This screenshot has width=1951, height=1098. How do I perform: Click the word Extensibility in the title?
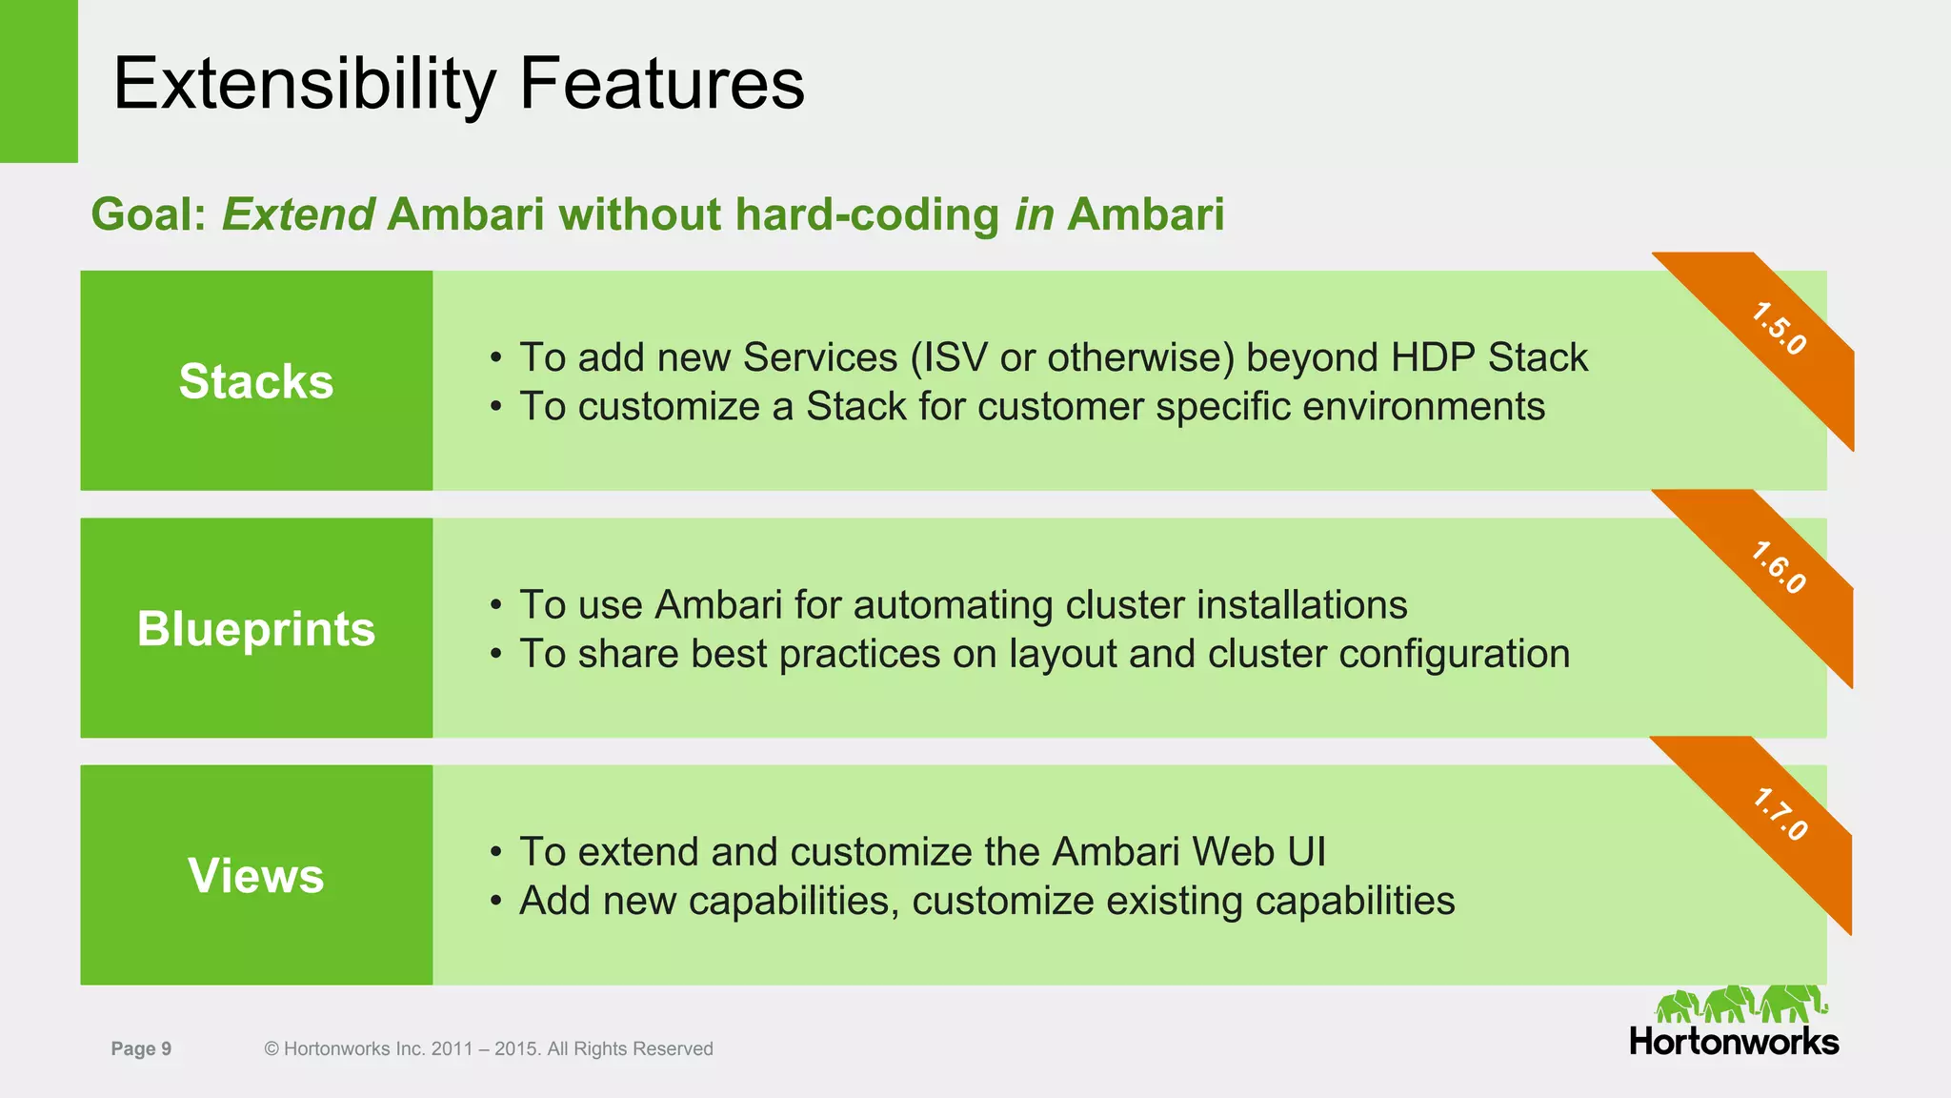pyautogui.click(x=304, y=84)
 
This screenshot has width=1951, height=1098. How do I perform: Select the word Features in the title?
pyautogui.click(x=661, y=84)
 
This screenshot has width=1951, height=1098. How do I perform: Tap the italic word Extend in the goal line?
pyautogui.click(x=298, y=214)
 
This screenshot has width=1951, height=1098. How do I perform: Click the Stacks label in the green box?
pyautogui.click(x=256, y=381)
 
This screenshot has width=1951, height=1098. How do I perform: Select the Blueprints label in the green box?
pyautogui.click(x=256, y=629)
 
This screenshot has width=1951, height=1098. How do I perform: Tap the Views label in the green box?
pyautogui.click(x=256, y=876)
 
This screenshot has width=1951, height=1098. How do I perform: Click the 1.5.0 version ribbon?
pyautogui.click(x=1779, y=329)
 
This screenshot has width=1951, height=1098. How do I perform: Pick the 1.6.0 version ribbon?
pyautogui.click(x=1779, y=567)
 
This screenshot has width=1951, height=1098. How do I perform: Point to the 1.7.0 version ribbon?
pyautogui.click(x=1780, y=814)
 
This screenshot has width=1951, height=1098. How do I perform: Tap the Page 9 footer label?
pyautogui.click(x=141, y=1049)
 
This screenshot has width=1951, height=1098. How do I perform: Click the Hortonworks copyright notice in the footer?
pyautogui.click(x=488, y=1049)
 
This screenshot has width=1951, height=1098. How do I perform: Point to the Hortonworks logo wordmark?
pyautogui.click(x=1734, y=1042)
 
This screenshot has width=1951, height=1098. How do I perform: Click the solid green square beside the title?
pyautogui.click(x=38, y=81)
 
